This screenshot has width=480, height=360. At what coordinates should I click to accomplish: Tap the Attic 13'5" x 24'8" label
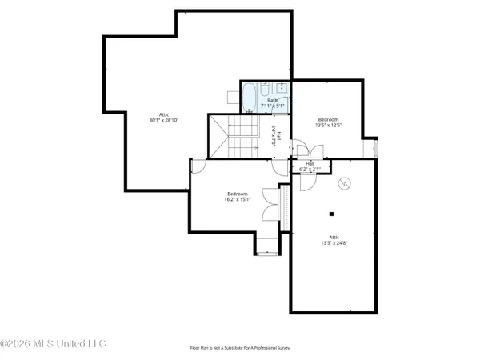tap(334, 240)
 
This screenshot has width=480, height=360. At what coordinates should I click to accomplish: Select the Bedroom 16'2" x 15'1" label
tap(238, 197)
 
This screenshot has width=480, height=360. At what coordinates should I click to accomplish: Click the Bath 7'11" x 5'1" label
tap(272, 102)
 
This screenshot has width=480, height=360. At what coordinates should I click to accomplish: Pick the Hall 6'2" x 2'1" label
tap(310, 166)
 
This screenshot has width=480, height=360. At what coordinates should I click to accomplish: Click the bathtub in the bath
tap(250, 98)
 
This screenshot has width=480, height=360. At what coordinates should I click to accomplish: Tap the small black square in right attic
tap(330, 214)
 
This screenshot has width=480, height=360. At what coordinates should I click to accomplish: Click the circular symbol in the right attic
tap(344, 183)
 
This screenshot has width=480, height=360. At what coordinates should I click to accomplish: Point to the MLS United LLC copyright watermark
tap(53, 344)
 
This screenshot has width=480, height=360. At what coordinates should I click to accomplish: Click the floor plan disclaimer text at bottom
tap(239, 348)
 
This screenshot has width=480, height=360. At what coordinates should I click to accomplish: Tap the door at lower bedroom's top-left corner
tap(197, 165)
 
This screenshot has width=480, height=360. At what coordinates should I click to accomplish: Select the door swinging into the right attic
tap(307, 181)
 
